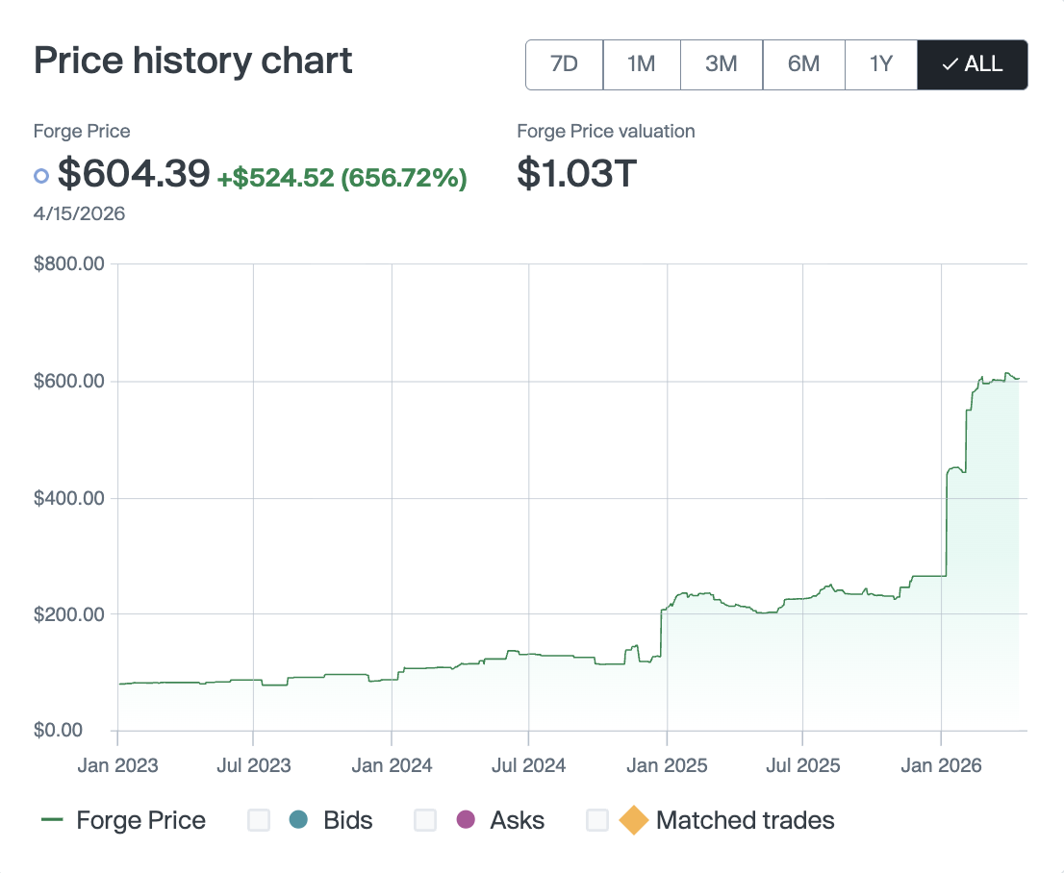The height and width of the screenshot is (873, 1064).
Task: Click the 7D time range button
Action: click(564, 64)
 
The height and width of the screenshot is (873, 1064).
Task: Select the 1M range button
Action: click(641, 64)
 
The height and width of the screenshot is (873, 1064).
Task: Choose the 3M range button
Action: click(721, 64)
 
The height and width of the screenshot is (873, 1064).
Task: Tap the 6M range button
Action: click(803, 64)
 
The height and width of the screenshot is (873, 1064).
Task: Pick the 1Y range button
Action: click(881, 64)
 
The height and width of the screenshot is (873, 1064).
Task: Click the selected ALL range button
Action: click(973, 64)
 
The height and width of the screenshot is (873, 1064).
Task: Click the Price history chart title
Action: click(193, 61)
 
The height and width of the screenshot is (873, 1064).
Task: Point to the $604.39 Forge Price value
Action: click(134, 174)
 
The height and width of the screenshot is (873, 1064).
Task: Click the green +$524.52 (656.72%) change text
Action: click(342, 178)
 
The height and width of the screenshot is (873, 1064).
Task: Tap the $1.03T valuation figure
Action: click(576, 174)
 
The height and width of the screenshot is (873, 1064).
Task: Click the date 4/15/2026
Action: click(79, 213)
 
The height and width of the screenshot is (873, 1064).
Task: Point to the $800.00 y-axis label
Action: click(69, 264)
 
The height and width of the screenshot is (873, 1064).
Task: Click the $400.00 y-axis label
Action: click(69, 498)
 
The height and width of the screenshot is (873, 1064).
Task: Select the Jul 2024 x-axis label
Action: click(528, 765)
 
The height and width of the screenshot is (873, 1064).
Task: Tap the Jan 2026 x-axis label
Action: click(941, 765)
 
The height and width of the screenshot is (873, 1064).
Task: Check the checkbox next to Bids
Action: click(259, 820)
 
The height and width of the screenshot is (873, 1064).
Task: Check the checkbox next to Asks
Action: click(425, 820)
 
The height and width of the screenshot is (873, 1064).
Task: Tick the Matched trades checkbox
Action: click(597, 820)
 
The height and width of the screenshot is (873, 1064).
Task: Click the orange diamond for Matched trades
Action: click(633, 820)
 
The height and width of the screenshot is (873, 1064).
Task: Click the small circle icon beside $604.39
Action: click(41, 176)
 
